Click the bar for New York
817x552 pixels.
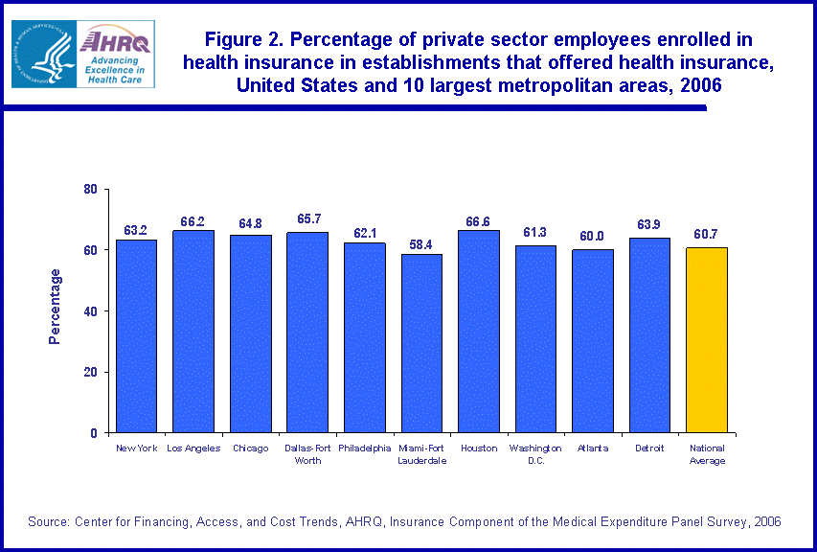(136, 335)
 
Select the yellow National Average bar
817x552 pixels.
(707, 339)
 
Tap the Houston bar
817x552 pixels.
(478, 331)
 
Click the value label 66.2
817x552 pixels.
(193, 222)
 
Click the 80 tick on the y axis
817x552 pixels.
(91, 189)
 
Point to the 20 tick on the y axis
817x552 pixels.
(91, 372)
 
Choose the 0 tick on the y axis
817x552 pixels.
(94, 433)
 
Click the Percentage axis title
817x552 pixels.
(56, 307)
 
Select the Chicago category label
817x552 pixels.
(250, 448)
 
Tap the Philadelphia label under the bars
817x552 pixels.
(364, 448)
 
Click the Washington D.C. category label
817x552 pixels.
(535, 454)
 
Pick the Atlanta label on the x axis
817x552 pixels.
(593, 448)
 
